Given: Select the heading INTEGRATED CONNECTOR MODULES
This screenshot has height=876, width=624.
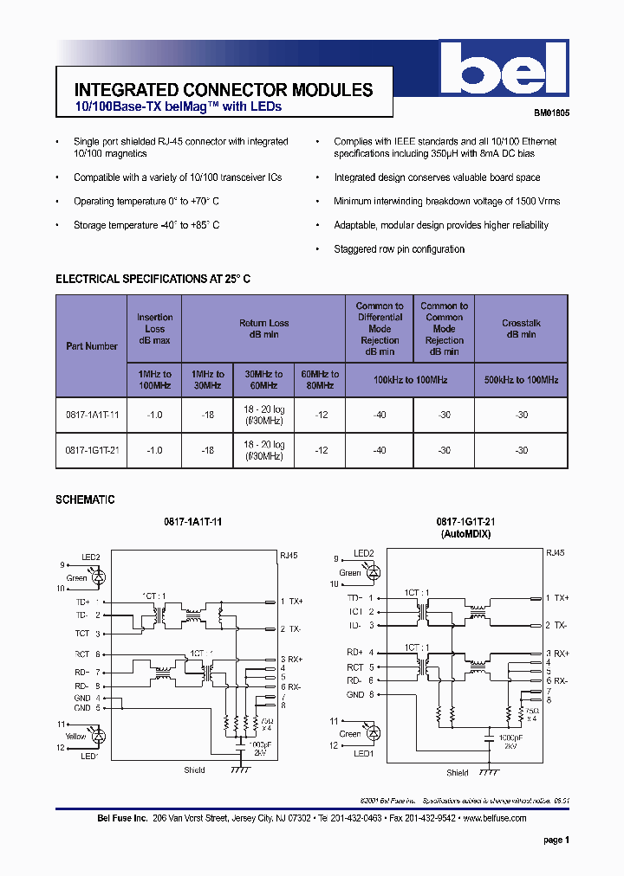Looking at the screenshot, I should coord(224,90).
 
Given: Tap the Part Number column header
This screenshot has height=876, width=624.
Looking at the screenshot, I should coord(92,346).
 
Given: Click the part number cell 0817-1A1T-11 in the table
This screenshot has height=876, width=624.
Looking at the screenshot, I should coord(92,415).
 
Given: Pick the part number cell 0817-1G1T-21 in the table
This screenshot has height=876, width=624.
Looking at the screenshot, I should coord(92,450).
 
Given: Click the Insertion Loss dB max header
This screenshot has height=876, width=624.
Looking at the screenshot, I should coord(155,329).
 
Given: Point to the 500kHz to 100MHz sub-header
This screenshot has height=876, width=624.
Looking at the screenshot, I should coord(521,380).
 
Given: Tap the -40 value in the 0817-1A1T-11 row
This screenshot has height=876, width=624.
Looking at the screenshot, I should coord(380,415).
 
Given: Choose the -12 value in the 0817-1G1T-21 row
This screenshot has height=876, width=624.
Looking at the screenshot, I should coord(321,450).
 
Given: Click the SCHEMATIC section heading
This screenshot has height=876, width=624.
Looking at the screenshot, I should coord(85,500).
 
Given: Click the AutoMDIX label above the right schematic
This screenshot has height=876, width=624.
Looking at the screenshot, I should coord(465,535).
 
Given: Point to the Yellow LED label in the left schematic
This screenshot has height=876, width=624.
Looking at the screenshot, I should coord(76,735).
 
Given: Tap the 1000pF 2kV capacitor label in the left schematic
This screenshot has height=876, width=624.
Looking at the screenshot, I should coord(258,749).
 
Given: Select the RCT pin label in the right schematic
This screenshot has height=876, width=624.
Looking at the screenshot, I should coord(355,667).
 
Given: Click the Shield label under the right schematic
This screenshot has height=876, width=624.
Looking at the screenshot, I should coord(457,773).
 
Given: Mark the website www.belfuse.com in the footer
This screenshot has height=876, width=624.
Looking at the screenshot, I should coord(495,818).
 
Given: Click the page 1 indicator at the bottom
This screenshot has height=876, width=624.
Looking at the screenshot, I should coord(556,841).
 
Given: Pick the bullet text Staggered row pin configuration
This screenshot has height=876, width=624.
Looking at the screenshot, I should coord(400,249).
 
